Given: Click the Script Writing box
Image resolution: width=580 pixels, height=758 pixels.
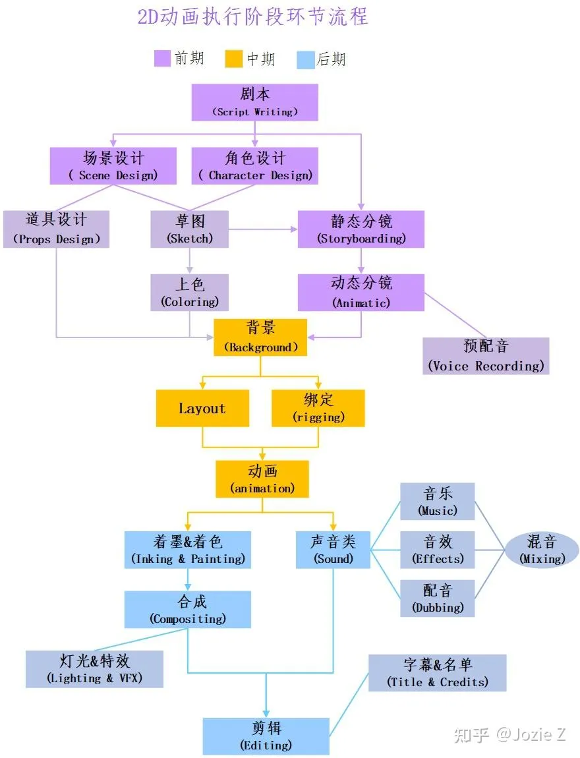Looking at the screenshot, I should [254, 102].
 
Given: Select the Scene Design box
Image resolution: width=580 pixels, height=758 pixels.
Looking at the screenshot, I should [113, 166].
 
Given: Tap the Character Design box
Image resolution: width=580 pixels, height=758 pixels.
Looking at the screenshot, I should [254, 166].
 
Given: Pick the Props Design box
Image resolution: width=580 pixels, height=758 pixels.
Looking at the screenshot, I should [56, 229].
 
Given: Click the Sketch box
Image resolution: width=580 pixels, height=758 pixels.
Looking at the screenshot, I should [189, 229].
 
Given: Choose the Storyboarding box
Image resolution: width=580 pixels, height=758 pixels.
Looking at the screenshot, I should [361, 229].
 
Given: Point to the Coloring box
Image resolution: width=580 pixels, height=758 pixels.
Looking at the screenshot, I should [189, 293].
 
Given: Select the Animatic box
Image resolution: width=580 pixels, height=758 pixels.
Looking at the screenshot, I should [361, 293].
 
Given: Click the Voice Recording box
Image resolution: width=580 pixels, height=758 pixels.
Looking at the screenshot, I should [486, 356].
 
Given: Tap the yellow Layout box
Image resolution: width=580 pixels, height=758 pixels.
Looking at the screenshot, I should [202, 408].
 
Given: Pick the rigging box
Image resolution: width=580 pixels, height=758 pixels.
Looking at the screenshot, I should [318, 408].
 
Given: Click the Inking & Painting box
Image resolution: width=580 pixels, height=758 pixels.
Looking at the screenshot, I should [188, 550].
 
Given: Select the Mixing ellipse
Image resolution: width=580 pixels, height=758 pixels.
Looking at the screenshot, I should [542, 550].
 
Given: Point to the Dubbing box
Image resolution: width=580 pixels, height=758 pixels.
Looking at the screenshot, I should [437, 598].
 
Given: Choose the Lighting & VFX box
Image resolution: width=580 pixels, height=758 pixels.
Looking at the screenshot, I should [94, 669].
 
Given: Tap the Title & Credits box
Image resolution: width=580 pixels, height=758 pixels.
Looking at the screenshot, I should [437, 672].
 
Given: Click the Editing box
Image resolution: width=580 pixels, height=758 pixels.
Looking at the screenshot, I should [266, 736].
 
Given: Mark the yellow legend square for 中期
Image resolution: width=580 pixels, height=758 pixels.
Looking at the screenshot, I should [234, 59].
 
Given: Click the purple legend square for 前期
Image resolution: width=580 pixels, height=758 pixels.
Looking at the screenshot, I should [162, 59].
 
